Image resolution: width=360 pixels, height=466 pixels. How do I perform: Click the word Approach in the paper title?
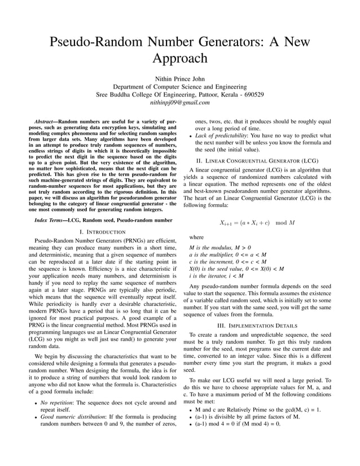point(180,58)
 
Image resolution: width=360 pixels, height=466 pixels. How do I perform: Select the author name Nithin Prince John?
point(180,78)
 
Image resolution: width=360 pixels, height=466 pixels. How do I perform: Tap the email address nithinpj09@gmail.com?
point(180,103)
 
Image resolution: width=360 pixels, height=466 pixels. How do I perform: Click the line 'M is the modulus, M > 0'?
point(220,248)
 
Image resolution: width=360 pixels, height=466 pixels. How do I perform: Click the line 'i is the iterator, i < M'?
point(216,276)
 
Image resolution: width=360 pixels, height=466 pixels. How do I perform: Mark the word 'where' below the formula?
point(196,238)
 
